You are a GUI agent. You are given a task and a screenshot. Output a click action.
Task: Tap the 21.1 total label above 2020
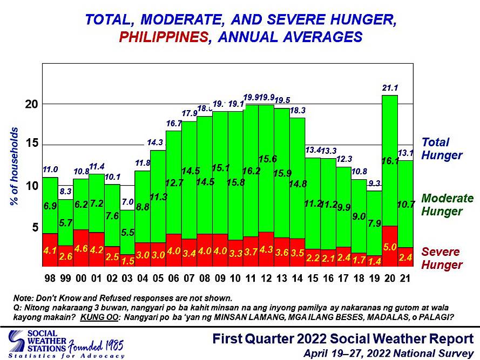[x=390, y=87]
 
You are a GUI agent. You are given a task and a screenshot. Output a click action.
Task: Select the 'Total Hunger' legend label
[x=442, y=149]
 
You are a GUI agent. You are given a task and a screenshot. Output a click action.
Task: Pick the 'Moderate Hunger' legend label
[x=447, y=205]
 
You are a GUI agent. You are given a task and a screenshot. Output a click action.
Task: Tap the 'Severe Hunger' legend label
[x=442, y=259]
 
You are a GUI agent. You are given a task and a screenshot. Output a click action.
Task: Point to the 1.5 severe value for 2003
[x=127, y=261]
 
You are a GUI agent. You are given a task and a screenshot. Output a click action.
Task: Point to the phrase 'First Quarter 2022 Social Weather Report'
[x=343, y=339]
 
